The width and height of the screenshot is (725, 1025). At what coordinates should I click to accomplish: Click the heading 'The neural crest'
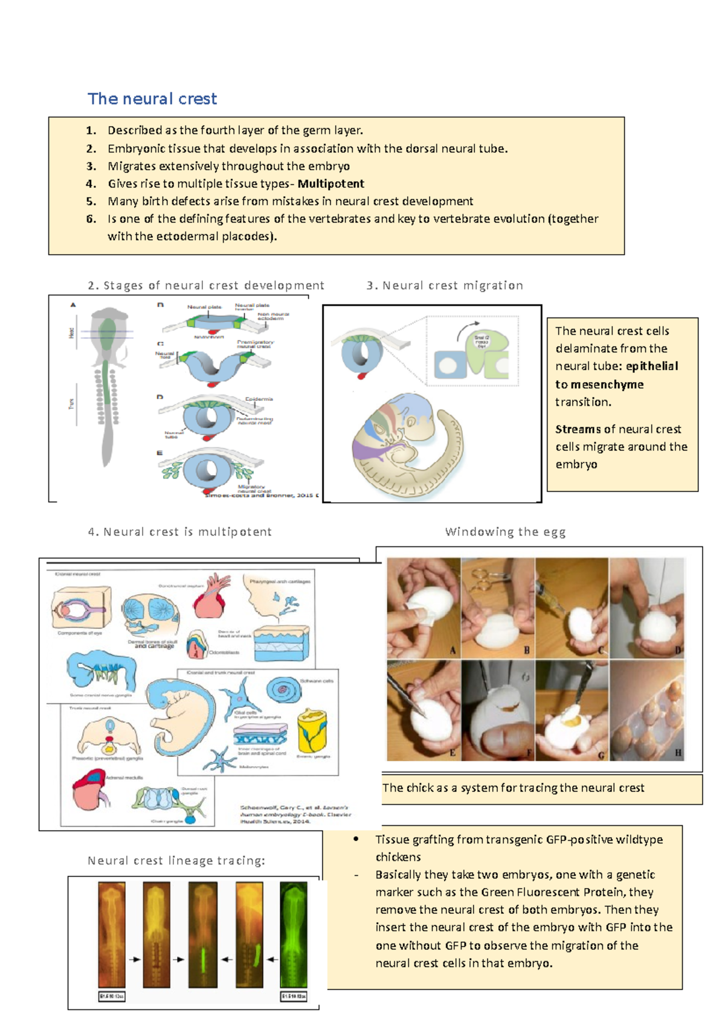(x=152, y=99)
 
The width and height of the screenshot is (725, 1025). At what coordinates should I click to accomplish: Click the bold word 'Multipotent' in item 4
(x=330, y=184)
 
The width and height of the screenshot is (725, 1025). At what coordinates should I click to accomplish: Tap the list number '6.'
(x=91, y=219)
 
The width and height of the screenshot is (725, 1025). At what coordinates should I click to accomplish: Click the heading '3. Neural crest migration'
(x=445, y=286)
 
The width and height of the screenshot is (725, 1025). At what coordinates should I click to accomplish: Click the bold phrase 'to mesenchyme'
(x=599, y=385)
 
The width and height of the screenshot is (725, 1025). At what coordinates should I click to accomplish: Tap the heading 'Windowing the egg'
(x=505, y=532)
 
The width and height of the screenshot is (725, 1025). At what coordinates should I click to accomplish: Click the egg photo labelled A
(x=424, y=607)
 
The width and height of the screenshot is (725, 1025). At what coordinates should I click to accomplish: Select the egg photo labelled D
(x=646, y=607)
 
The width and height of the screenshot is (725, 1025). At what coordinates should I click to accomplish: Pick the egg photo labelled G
(x=572, y=710)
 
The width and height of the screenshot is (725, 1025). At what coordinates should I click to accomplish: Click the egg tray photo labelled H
(x=646, y=710)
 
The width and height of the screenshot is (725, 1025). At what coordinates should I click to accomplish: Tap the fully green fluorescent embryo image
(x=294, y=934)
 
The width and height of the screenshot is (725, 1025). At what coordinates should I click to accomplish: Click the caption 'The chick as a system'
(x=513, y=788)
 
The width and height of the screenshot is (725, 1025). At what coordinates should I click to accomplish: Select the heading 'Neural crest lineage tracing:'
(x=176, y=861)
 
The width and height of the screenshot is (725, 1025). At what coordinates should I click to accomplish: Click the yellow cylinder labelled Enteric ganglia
(x=312, y=731)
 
